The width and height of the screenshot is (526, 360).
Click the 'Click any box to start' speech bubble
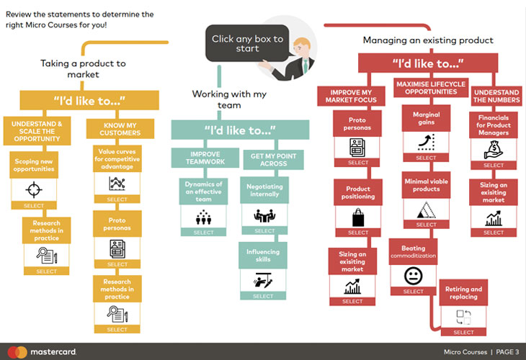247,43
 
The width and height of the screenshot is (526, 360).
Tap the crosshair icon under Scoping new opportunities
33,189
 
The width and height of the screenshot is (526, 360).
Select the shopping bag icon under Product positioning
357,217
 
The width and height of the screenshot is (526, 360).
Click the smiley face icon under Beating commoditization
413,275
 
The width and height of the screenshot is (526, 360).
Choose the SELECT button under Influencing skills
263,296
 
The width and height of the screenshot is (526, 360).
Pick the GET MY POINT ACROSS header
273,158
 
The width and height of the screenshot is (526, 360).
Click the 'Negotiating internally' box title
263,189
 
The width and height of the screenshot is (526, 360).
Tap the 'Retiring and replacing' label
464,293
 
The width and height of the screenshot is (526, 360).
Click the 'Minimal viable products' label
427,185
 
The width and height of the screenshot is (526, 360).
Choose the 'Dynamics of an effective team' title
204,192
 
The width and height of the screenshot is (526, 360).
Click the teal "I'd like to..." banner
240,130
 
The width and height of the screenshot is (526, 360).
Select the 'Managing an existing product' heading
428,40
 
